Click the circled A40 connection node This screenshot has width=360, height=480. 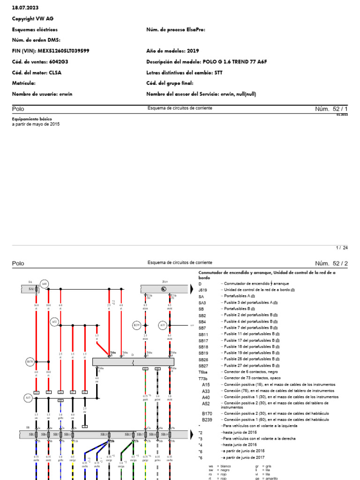click(45, 284)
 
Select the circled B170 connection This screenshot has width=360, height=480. click(30, 361)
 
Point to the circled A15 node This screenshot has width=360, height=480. click(28, 398)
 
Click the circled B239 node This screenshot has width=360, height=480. click(137, 325)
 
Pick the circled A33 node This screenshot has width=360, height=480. click(163, 325)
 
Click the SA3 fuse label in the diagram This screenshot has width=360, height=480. click(31, 289)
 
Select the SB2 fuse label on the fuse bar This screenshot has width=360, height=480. click(31, 435)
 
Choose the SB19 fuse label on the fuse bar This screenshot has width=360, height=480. click(165, 435)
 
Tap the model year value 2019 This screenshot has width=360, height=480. click(193, 51)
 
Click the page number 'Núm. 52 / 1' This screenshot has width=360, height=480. click(332, 109)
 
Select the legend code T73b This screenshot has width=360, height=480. click(203, 378)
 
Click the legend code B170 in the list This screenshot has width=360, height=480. click(207, 413)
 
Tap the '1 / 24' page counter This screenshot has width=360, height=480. click(342, 248)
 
